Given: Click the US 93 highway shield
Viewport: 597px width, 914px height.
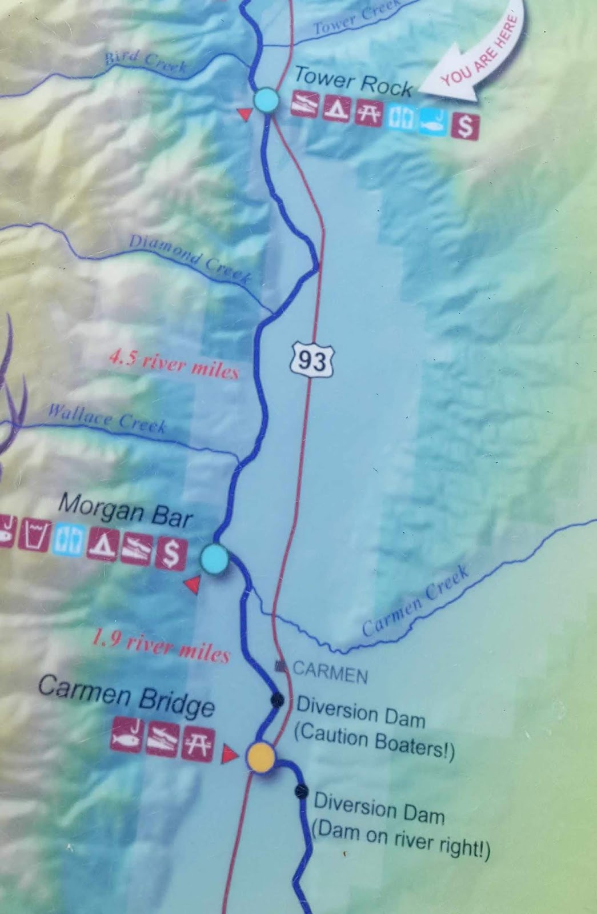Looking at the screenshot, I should [x=312, y=359].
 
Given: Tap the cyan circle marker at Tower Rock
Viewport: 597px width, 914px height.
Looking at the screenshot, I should [x=266, y=100].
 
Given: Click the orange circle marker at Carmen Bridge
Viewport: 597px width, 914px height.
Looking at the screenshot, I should [x=261, y=757].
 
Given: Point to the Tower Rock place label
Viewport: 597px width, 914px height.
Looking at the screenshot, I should [x=352, y=81].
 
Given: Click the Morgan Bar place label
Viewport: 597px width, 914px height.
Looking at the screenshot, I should [x=125, y=510].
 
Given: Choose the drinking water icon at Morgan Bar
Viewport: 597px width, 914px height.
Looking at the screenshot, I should [x=33, y=534].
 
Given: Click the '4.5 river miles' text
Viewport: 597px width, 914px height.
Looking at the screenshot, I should [x=173, y=365].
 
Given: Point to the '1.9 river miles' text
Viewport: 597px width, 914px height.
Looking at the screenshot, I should [x=161, y=646].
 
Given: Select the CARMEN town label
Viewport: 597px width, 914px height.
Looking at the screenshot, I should [x=330, y=672].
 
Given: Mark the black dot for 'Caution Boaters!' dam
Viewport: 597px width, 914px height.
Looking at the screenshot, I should [x=277, y=699].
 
